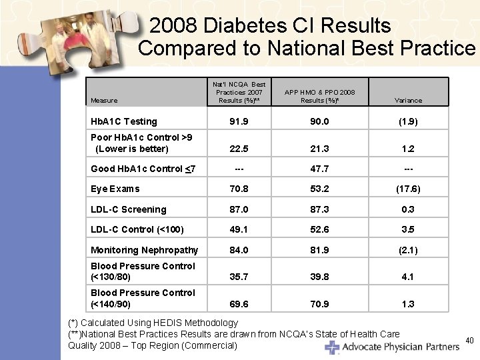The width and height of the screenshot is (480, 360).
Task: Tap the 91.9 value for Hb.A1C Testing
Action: pyautogui.click(x=239, y=121)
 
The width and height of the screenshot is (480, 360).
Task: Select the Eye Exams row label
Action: pyautogui.click(x=115, y=189)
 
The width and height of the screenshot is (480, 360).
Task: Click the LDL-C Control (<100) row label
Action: pyautogui.click(x=137, y=229)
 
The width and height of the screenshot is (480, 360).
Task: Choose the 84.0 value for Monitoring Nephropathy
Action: pyautogui.click(x=239, y=250)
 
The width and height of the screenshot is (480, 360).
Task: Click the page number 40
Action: pyautogui.click(x=469, y=341)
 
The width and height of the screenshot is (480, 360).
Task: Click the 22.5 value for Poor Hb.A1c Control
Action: pyautogui.click(x=239, y=148)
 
